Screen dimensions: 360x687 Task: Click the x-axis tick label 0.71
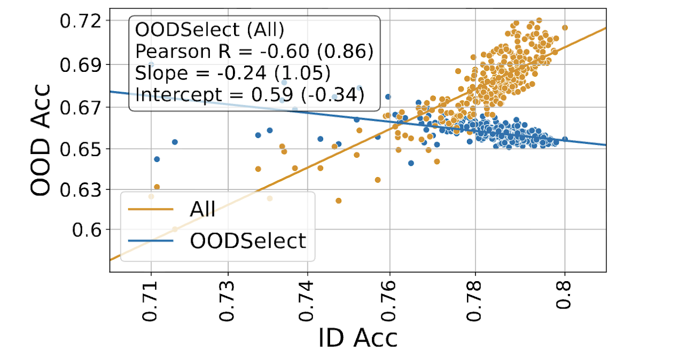(151, 303)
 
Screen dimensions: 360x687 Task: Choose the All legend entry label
(202, 210)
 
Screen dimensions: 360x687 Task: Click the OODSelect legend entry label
(247, 241)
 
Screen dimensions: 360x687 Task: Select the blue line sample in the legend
(151, 241)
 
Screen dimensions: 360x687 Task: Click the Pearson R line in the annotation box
(254, 52)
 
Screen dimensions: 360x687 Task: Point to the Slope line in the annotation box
(232, 73)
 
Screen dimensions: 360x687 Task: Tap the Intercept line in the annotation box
(250, 95)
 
